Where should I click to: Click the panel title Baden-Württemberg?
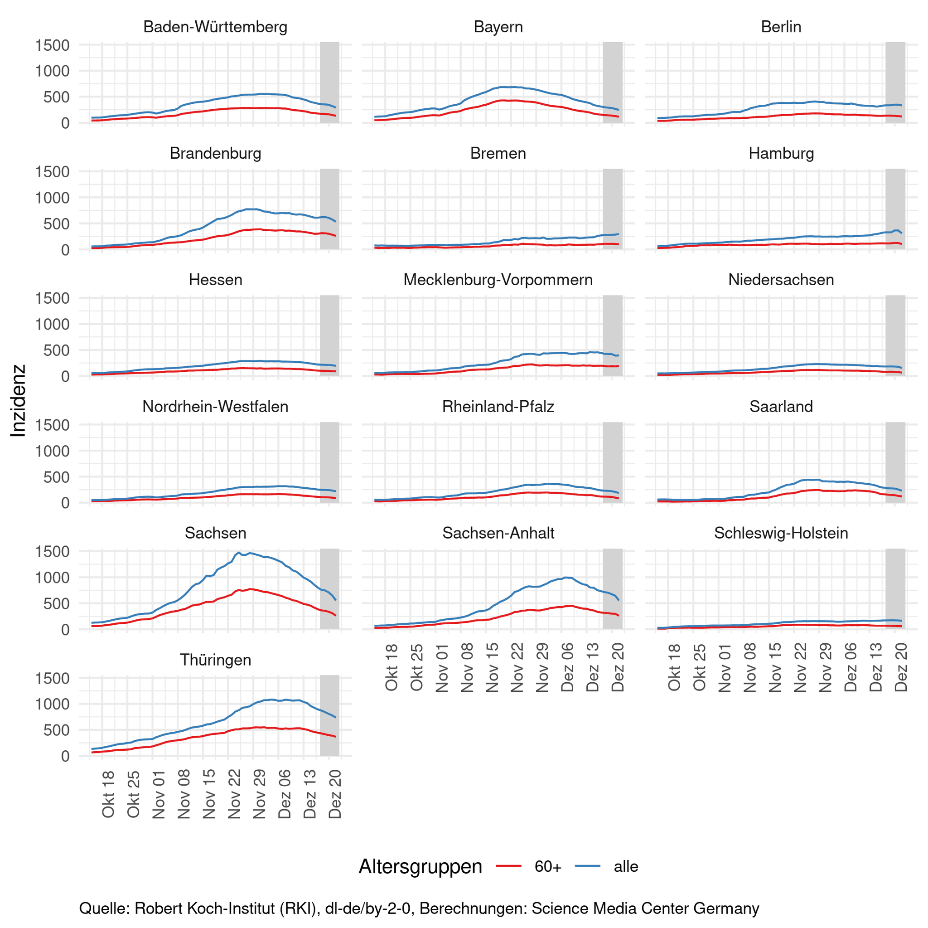[215, 27]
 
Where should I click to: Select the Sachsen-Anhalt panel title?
[498, 533]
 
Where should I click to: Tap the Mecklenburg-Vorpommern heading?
[498, 280]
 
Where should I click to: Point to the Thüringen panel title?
[215, 660]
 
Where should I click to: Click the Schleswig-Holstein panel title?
[781, 533]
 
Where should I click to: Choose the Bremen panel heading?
[498, 153]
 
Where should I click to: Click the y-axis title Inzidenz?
[18, 400]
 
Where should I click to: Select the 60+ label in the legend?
[547, 866]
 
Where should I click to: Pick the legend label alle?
[626, 866]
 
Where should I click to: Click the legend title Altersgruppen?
[420, 866]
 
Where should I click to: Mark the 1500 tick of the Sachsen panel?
[53, 551]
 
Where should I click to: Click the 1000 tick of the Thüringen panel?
[53, 704]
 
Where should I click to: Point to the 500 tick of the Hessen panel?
[57, 350]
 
